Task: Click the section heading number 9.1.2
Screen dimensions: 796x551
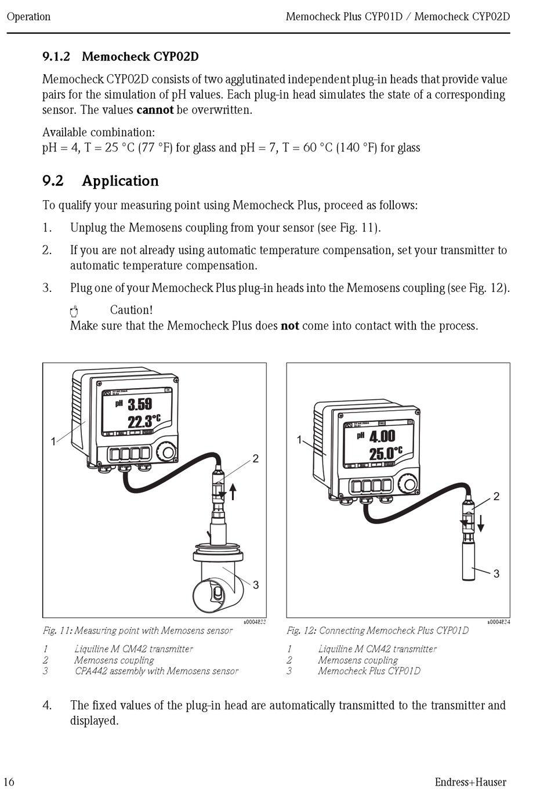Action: coord(56,56)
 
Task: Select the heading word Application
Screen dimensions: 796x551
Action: coord(120,181)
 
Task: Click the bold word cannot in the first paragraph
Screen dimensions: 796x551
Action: coord(155,110)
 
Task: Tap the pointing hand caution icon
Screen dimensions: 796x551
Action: coord(74,311)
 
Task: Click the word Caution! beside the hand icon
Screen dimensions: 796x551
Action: coord(131,310)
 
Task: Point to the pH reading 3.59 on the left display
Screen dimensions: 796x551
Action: coord(140,404)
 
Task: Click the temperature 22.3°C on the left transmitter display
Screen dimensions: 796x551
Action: coord(144,421)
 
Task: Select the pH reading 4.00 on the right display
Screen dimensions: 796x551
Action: coord(382,436)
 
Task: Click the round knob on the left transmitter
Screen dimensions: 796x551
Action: coord(168,453)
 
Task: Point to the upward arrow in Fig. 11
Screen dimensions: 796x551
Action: coord(233,491)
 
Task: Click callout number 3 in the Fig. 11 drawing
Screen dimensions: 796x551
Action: coord(256,585)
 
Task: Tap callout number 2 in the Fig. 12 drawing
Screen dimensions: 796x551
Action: coord(496,496)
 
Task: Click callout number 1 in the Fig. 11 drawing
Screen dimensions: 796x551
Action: coord(53,442)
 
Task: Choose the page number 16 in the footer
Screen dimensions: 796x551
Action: coord(9,781)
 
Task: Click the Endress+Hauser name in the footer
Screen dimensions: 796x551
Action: coord(470,782)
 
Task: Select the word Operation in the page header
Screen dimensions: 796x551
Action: coord(28,16)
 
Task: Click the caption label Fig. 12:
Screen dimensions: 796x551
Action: coord(301,631)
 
